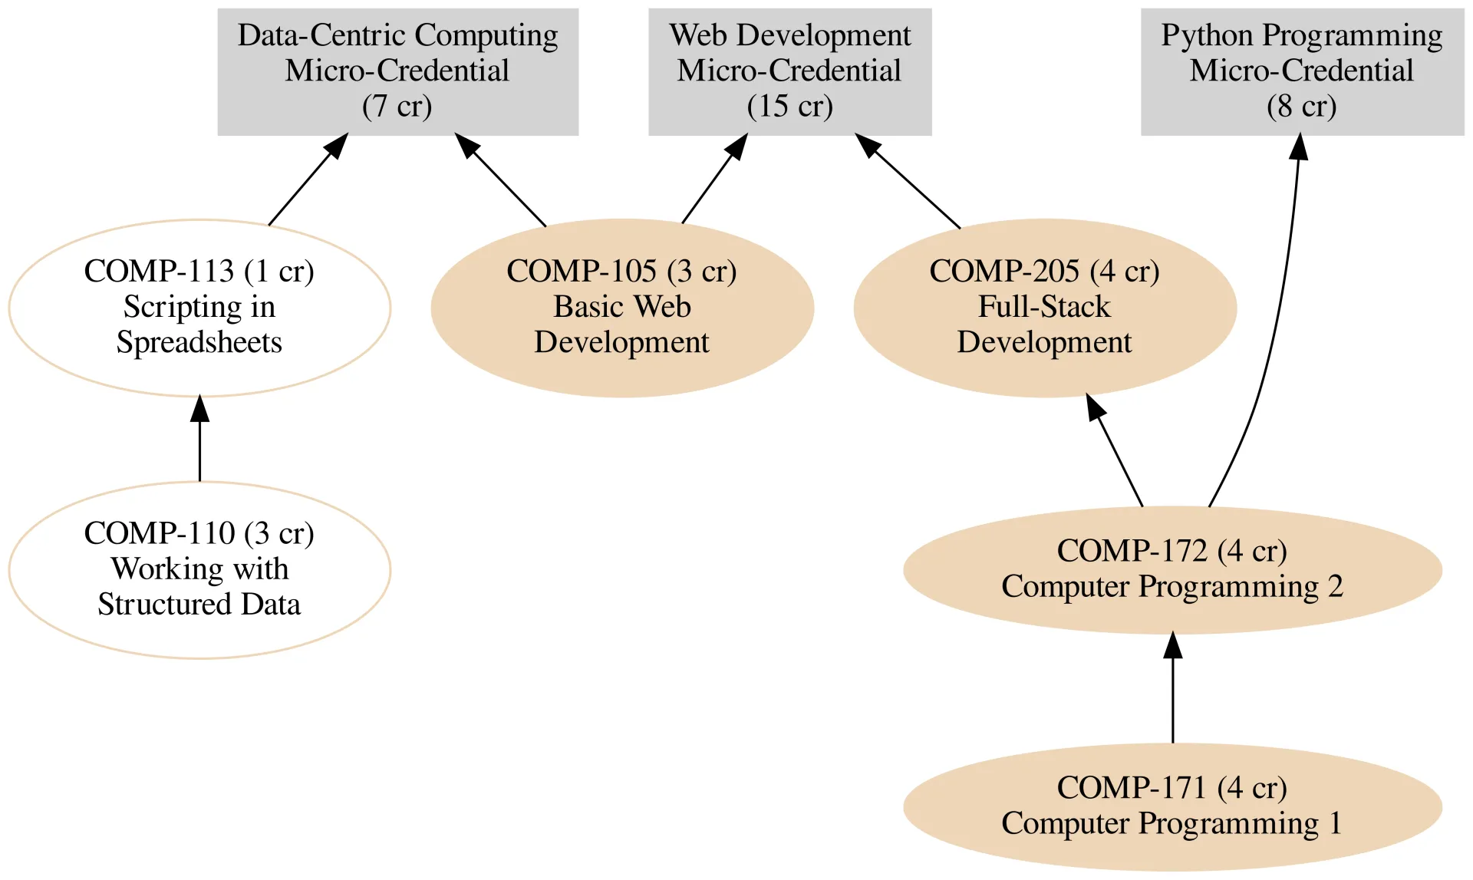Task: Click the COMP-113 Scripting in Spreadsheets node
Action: point(199,308)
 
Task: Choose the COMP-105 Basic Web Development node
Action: point(622,308)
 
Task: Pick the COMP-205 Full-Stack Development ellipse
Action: point(1045,308)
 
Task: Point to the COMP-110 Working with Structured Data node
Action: point(199,569)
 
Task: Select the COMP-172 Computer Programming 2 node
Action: point(1172,569)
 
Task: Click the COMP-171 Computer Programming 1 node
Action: point(1172,806)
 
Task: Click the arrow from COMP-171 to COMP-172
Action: point(1172,690)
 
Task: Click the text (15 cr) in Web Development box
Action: point(789,106)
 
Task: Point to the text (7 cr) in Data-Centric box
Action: point(397,106)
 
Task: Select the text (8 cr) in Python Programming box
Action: point(1301,106)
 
